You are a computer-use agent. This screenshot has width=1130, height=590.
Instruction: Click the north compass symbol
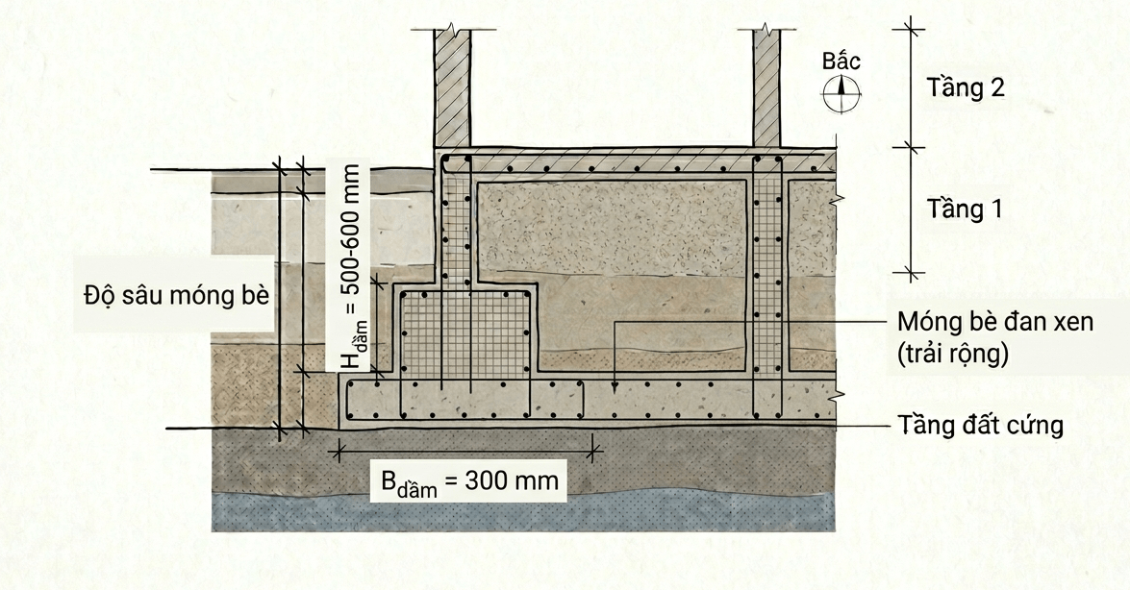(x=841, y=93)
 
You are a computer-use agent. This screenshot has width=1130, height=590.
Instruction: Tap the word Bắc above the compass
(x=841, y=61)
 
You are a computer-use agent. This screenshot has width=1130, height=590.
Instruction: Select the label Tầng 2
(x=966, y=87)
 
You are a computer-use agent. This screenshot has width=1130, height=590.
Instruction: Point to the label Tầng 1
(x=965, y=209)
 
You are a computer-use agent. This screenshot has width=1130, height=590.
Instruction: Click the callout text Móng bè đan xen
(x=995, y=321)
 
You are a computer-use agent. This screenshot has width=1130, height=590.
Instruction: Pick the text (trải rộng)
(x=952, y=354)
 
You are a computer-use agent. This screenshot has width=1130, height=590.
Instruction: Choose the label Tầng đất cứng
(x=980, y=425)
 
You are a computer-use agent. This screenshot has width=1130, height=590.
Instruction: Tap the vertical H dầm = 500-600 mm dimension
(x=352, y=266)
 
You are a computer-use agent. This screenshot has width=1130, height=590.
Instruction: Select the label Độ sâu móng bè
(x=177, y=295)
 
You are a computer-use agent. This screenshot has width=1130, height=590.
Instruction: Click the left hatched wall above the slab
(x=452, y=87)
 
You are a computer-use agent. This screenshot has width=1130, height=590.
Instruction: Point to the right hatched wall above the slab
(x=766, y=87)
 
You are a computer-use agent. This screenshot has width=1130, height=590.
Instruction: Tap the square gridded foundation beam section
(x=467, y=332)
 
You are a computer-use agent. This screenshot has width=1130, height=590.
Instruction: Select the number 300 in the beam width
(x=487, y=479)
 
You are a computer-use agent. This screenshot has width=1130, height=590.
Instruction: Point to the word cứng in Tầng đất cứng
(x=1033, y=425)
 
